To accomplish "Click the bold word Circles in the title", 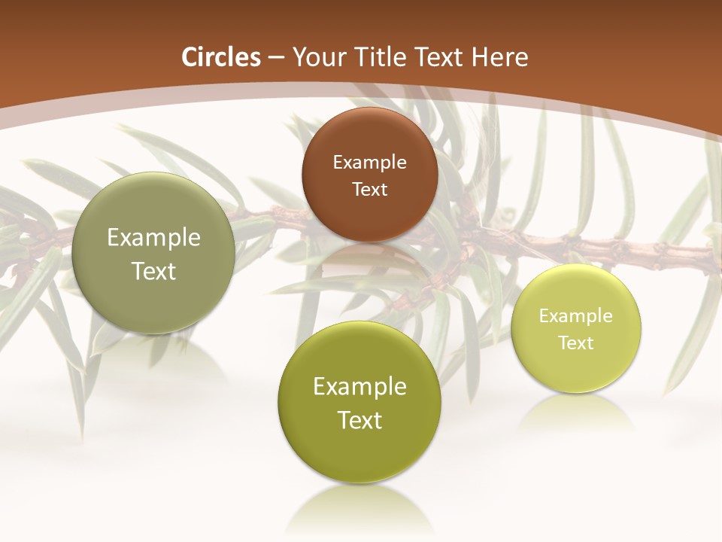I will click(221, 57).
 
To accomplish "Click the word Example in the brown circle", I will click(369, 163).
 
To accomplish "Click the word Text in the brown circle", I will click(369, 190).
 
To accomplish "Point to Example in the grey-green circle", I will click(153, 238).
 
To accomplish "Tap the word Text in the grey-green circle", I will click(153, 272).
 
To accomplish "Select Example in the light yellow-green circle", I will click(575, 316).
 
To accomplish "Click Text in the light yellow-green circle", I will click(575, 343).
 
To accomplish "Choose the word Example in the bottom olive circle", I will click(359, 387).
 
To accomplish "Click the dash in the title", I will click(275, 58).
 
